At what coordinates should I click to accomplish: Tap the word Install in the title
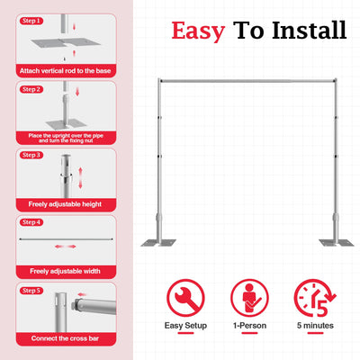[302, 31]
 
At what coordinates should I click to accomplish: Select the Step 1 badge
[32, 20]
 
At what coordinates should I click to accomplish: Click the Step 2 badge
[32, 89]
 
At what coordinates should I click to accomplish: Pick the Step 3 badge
[32, 156]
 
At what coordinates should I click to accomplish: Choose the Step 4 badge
[32, 222]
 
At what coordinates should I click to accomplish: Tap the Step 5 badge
[32, 291]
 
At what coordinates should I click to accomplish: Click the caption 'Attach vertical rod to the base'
[65, 69]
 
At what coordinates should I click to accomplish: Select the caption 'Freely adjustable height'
[65, 203]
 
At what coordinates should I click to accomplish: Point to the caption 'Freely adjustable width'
[65, 271]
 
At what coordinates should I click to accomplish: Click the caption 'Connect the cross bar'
[65, 337]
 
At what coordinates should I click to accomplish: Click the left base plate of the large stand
[157, 242]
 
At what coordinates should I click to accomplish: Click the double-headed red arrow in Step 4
[65, 245]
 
